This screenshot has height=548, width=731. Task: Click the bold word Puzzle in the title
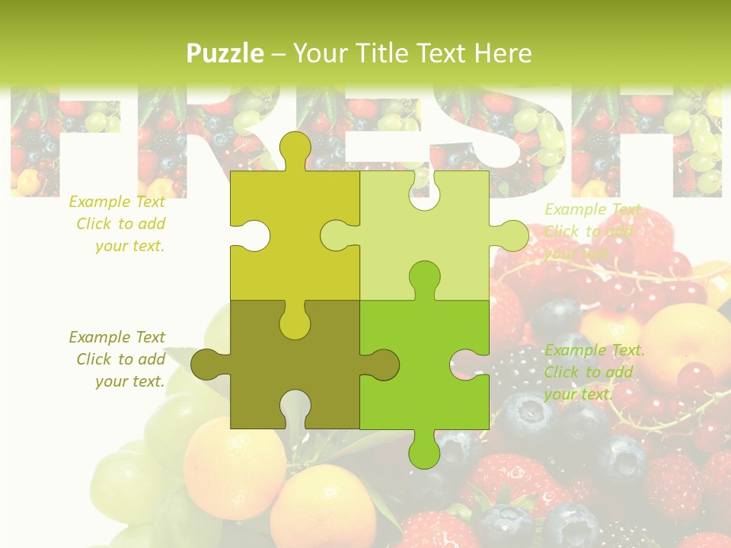(225, 53)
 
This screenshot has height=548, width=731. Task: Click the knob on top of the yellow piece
(295, 148)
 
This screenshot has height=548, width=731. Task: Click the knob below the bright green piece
(424, 452)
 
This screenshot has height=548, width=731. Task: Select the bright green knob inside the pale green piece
(424, 279)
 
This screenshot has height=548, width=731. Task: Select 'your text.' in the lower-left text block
(130, 381)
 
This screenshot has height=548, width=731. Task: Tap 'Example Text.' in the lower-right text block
(594, 350)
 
